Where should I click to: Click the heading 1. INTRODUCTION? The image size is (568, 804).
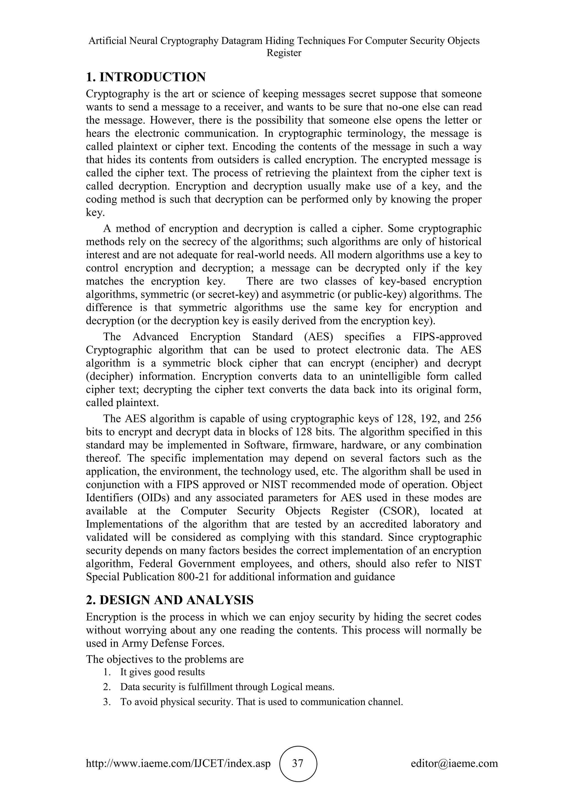146,77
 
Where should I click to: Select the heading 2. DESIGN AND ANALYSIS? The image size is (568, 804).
170,600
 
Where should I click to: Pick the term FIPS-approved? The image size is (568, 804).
447,337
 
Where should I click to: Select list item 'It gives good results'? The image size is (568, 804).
162,672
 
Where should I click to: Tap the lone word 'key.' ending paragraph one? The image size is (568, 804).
95,213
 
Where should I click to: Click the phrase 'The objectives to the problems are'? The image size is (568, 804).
165,659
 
